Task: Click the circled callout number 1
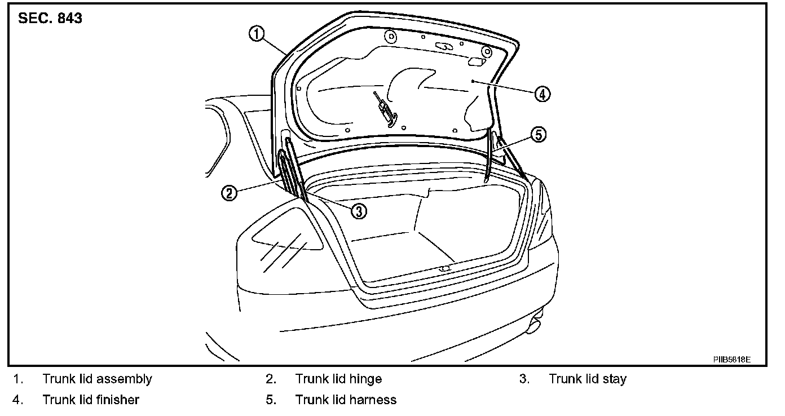(257, 34)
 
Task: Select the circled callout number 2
(228, 193)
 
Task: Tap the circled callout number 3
(359, 210)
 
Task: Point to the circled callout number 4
(541, 94)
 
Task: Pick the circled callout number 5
(539, 135)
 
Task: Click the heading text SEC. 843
(50, 19)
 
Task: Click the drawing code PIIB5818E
(731, 359)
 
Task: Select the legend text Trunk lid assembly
(97, 379)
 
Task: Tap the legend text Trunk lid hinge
(338, 379)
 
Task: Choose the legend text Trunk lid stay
(588, 379)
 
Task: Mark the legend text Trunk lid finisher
(91, 400)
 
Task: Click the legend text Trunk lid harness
(346, 400)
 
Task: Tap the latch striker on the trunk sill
(444, 269)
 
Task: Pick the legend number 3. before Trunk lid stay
(524, 379)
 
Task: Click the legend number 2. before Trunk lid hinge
(271, 379)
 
